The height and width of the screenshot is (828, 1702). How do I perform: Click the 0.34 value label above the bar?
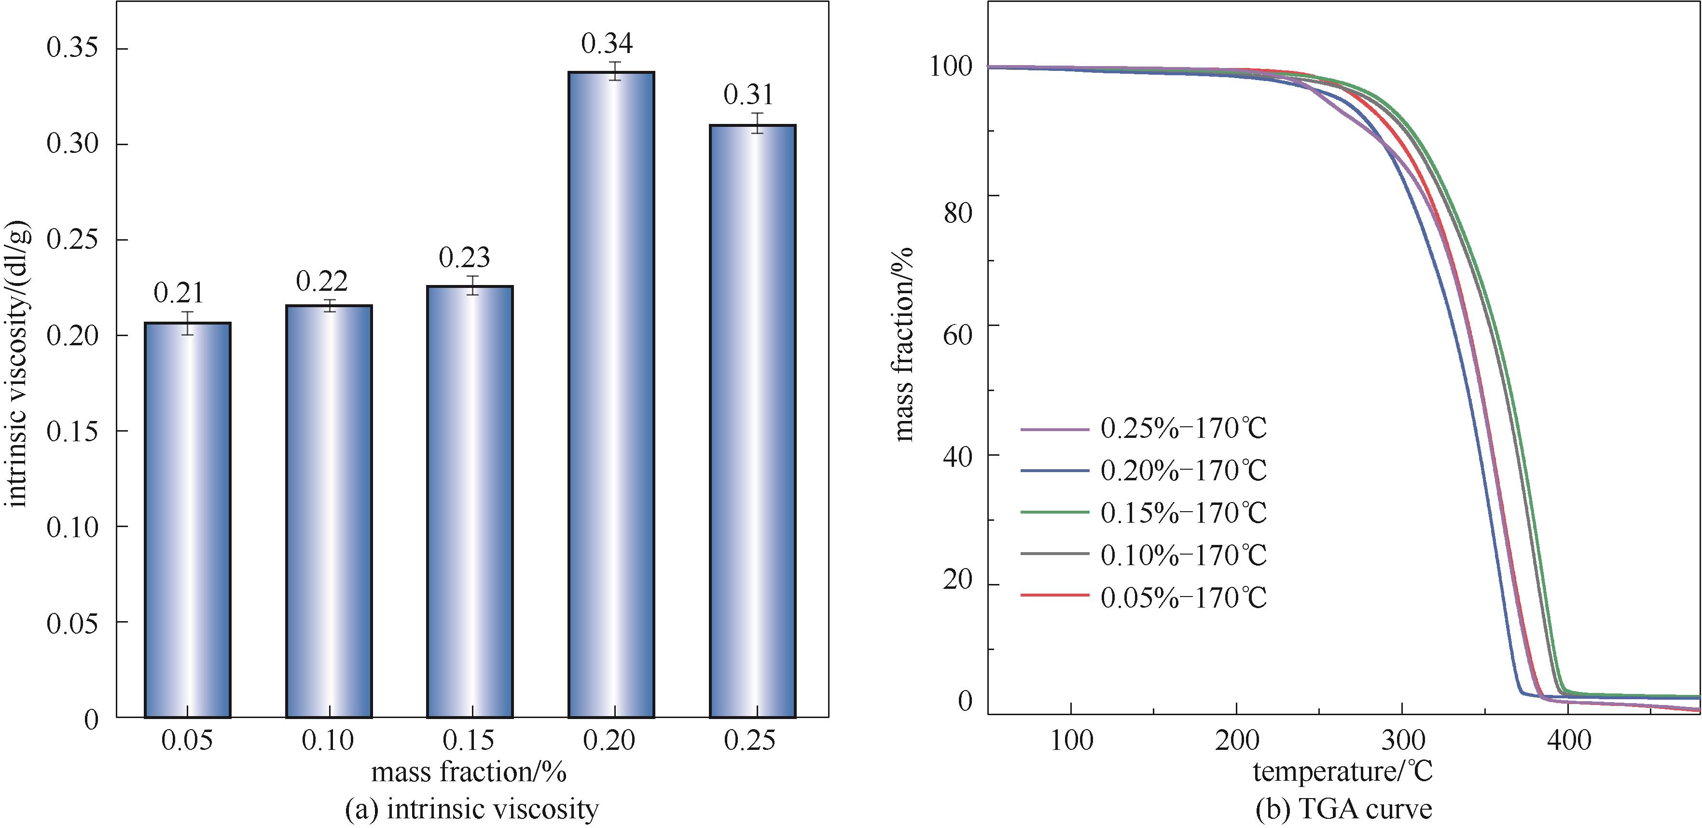click(x=607, y=43)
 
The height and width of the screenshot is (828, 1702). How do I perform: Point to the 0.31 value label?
click(x=748, y=95)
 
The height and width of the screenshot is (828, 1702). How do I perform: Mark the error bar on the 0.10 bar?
click(x=329, y=305)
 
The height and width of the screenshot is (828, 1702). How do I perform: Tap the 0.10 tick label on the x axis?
click(x=328, y=741)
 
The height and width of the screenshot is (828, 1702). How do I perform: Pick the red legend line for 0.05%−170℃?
click(x=1054, y=596)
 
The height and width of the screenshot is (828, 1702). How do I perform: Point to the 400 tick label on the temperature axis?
click(x=1568, y=741)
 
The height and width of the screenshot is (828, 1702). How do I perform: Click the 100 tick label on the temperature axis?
click(x=1070, y=741)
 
